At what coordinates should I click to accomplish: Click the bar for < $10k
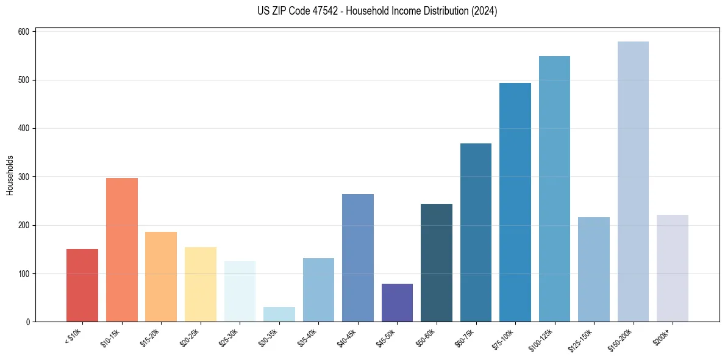(x=82, y=285)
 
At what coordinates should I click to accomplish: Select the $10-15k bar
(x=122, y=250)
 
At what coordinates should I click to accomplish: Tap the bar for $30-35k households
(x=279, y=314)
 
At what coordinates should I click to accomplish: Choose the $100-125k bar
(x=554, y=189)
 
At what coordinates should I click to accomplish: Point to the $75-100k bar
(x=515, y=202)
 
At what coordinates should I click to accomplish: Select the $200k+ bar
(x=672, y=268)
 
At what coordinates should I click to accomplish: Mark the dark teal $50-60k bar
(x=437, y=262)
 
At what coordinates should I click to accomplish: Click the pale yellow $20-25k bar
(x=201, y=284)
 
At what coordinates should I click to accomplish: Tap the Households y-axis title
(x=10, y=175)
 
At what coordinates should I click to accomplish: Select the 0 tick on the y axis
(x=27, y=322)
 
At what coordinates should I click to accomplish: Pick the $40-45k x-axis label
(x=348, y=337)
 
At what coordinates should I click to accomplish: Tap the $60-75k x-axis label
(x=466, y=337)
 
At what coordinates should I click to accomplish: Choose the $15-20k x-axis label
(x=151, y=337)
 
